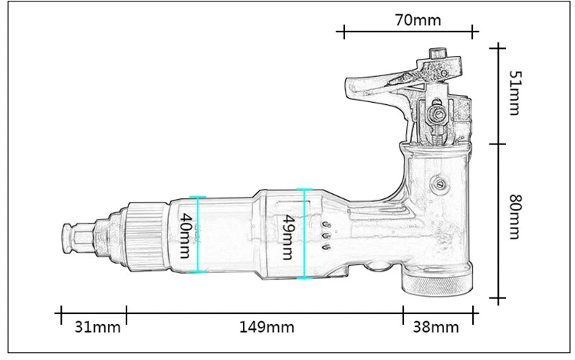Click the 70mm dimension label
[x=418, y=20]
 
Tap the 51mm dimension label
[x=515, y=93]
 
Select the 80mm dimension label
[x=515, y=217]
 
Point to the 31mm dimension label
[x=97, y=327]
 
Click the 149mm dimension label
[x=267, y=327]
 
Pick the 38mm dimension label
[x=436, y=327]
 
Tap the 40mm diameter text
[x=185, y=236]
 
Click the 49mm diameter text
[x=288, y=237]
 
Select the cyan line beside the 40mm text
[x=198, y=235]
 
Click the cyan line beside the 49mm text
[x=304, y=234]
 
